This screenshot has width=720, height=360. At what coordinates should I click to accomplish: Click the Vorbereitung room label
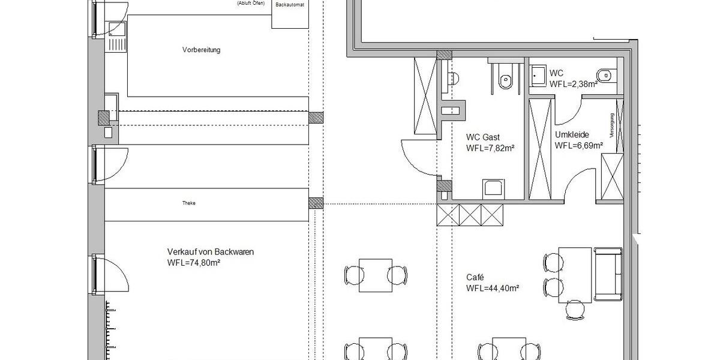201,50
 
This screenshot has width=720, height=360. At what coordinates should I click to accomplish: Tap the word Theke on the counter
189,203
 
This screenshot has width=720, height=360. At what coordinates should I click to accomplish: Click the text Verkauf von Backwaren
211,252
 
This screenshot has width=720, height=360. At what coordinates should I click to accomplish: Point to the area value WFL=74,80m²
196,263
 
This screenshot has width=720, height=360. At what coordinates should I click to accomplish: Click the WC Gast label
482,137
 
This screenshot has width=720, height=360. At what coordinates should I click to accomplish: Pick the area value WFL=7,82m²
490,148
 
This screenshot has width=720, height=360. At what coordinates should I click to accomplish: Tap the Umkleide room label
571,135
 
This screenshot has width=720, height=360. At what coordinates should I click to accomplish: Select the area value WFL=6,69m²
578,145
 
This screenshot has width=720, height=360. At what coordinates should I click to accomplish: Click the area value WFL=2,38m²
573,84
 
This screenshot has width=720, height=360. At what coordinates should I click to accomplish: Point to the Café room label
475,278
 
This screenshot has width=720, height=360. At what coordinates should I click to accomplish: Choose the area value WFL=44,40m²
492,288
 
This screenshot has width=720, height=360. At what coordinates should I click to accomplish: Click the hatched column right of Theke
316,203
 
